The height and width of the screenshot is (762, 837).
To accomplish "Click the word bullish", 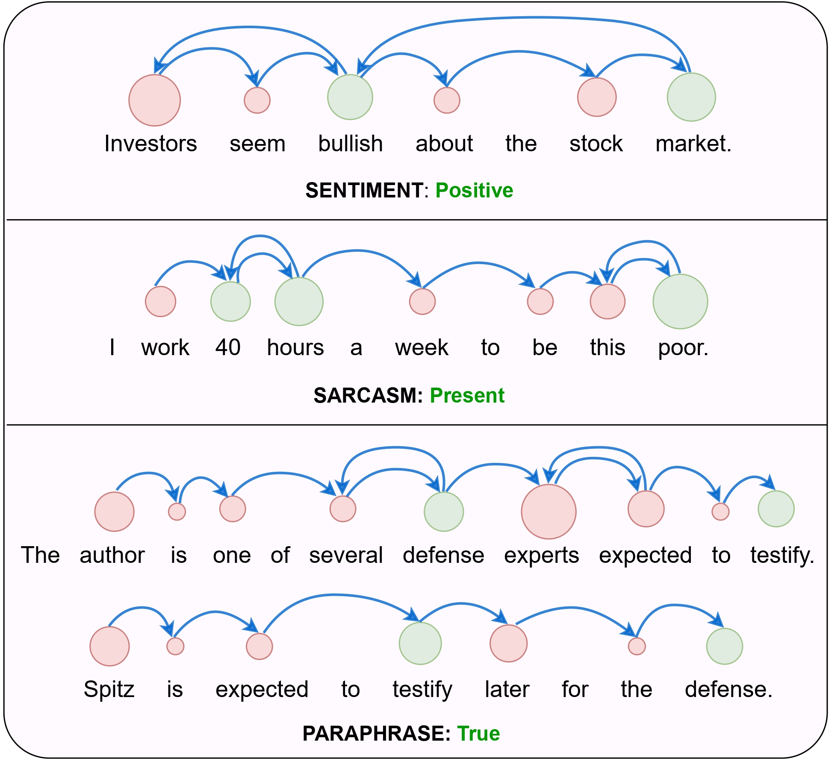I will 350,144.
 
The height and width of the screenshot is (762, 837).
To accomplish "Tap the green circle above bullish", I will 350,97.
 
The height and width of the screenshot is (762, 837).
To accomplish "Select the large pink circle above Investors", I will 155,100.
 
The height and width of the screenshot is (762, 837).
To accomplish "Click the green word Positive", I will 474,190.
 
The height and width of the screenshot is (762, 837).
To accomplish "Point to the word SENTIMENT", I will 364,190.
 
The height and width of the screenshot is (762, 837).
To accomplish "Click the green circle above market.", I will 691,97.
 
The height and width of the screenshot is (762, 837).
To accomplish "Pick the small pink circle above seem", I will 257,100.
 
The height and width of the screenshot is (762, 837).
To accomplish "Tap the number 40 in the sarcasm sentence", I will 228,347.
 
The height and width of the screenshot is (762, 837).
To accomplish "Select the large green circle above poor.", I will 680,302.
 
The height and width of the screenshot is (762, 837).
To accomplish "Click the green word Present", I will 467,395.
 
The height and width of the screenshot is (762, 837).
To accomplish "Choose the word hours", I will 295,347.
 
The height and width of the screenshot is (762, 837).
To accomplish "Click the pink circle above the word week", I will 422,302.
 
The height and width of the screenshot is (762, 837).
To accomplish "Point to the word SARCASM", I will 368,395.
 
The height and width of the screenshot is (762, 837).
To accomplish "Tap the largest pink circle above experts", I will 548,512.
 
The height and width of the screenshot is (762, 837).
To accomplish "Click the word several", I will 346,555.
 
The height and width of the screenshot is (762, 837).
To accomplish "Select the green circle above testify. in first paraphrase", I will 776,509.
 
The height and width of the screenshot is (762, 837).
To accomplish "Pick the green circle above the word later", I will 420,643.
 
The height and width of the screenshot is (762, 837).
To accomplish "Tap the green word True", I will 478,733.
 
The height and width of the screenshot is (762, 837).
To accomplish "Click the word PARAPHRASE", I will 376,733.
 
